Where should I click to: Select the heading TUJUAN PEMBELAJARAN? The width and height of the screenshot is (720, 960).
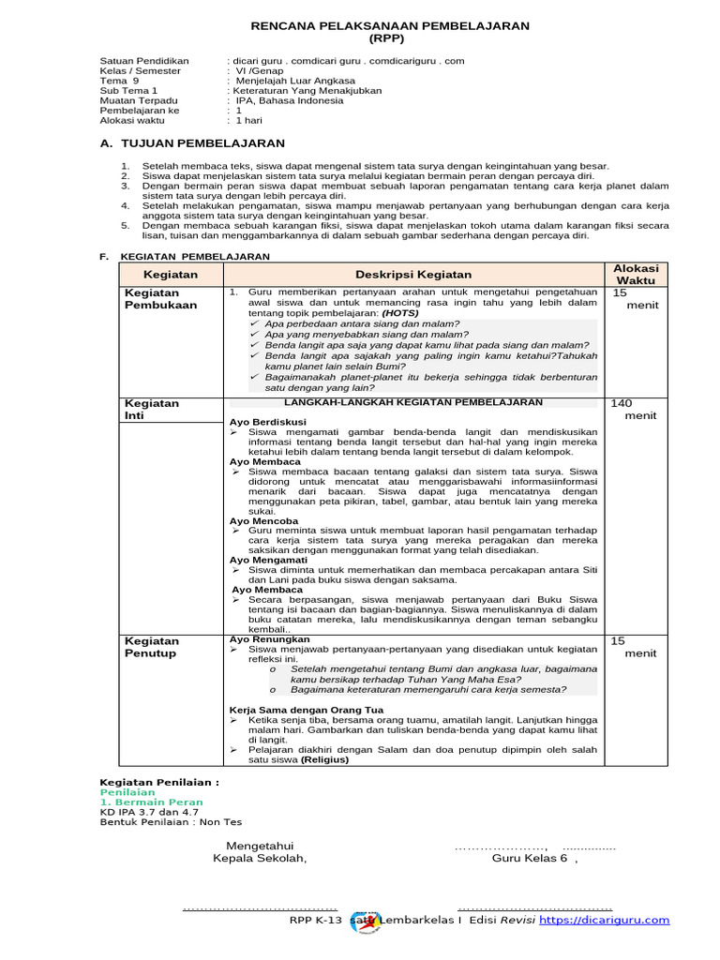click(x=198, y=143)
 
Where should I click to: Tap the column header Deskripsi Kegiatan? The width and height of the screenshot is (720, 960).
click(x=412, y=274)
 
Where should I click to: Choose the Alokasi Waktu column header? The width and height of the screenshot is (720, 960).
click(x=635, y=274)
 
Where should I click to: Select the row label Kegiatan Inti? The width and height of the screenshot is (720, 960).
click(x=152, y=409)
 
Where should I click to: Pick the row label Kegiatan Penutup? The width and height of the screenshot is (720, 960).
click(x=152, y=647)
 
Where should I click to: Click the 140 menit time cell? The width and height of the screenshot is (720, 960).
click(x=633, y=409)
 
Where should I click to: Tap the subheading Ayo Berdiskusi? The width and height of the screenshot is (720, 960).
click(x=268, y=422)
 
